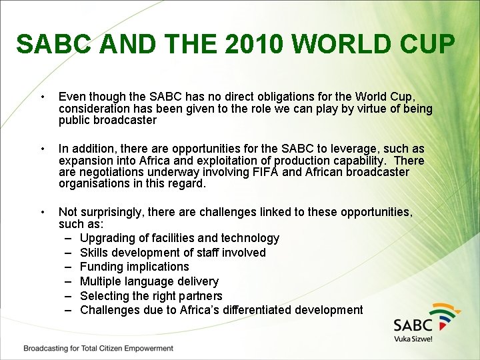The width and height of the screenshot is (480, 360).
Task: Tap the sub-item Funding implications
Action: (x=134, y=267)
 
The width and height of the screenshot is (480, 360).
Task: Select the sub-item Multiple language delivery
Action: (x=149, y=281)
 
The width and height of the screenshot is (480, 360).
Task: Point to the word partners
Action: (x=199, y=295)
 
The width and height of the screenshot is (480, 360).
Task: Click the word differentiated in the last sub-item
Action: (x=257, y=310)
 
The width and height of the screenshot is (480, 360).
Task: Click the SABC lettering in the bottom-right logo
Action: (x=413, y=325)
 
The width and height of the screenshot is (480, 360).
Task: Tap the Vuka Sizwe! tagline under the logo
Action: (x=413, y=339)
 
